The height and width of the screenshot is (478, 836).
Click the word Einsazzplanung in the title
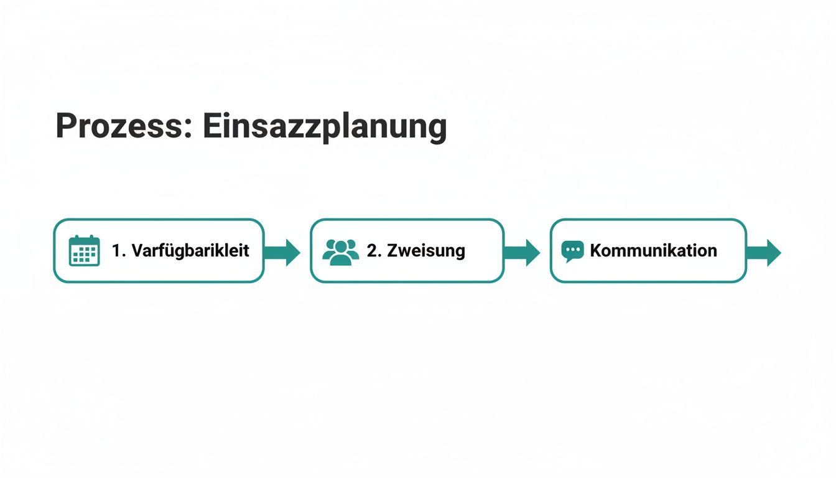325,128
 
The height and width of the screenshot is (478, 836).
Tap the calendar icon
84,251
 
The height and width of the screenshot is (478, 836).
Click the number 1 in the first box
116,251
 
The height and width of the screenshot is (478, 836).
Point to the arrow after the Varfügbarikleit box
283,252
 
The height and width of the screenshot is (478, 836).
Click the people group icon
341,251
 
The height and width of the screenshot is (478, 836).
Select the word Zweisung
425,251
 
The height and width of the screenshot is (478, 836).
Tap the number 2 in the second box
371,251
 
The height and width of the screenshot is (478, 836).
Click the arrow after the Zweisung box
522,252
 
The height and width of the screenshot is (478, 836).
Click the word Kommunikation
653,251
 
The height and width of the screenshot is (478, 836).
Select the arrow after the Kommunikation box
764,252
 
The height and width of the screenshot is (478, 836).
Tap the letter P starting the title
66,126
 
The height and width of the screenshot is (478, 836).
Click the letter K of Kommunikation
596,251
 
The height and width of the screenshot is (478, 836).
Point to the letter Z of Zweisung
392,251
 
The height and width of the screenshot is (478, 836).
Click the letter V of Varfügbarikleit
137,251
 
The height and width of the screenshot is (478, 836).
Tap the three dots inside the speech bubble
572,250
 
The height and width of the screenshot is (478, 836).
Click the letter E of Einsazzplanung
212,126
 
